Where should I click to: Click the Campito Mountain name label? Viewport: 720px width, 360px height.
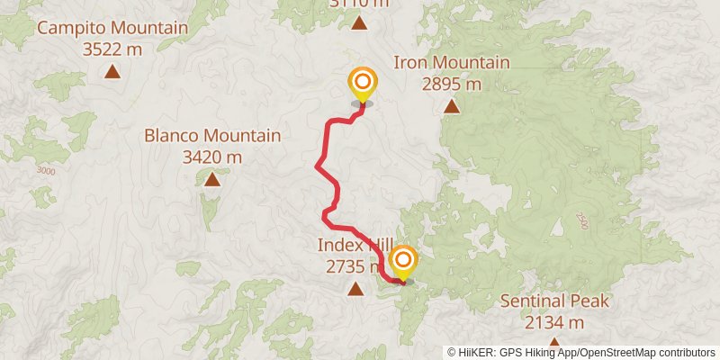[112, 28]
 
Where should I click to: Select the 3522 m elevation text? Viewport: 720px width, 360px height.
[112, 49]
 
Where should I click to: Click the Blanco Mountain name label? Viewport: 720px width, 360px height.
[212, 136]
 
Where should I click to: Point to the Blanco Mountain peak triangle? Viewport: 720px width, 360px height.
[212, 179]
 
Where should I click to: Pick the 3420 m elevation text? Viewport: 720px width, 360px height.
[212, 157]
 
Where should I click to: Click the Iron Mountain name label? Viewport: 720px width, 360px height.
[452, 63]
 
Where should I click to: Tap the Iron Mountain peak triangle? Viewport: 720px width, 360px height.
[452, 107]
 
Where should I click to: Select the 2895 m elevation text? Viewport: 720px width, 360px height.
[452, 85]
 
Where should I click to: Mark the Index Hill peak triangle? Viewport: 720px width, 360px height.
[355, 289]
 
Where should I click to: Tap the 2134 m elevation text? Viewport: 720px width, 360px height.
[555, 322]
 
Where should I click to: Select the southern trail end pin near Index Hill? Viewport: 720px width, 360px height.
[402, 261]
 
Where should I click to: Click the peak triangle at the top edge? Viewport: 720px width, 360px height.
[360, 23]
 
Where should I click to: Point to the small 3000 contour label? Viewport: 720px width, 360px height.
[46, 171]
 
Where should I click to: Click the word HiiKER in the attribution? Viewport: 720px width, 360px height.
[474, 353]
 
